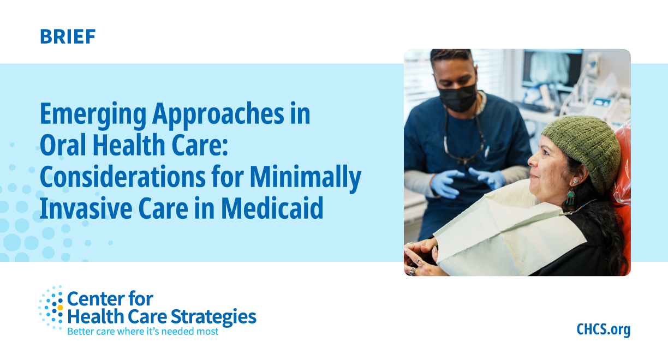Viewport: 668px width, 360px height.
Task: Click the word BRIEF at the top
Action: coord(68,37)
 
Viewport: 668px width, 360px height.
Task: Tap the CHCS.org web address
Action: coord(603,329)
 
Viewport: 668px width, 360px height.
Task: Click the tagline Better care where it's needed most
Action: coord(142,331)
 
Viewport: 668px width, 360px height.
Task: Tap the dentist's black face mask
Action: coord(457,97)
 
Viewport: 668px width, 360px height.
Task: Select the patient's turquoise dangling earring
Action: coord(570,195)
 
